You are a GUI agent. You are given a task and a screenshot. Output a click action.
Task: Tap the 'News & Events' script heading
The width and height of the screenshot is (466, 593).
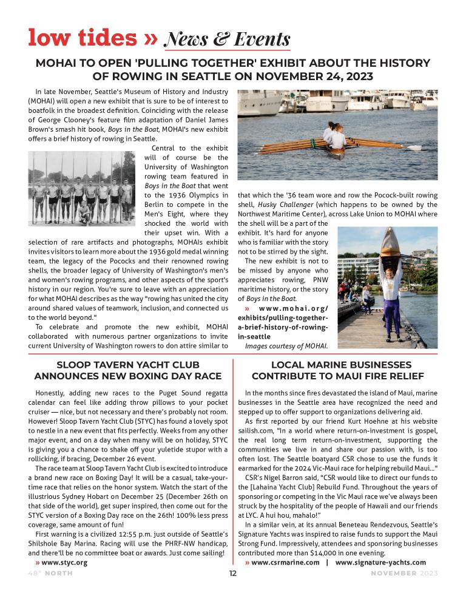(x=228, y=39)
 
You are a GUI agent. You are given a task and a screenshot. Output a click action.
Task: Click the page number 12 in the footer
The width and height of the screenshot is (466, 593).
(x=232, y=573)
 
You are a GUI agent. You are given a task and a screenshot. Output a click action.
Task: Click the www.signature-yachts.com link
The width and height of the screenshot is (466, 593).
(x=380, y=563)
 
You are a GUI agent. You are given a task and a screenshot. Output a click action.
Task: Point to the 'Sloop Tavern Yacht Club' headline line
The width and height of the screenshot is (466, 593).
(x=127, y=365)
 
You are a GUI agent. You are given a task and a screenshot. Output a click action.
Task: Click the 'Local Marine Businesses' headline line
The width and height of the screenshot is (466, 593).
(x=340, y=365)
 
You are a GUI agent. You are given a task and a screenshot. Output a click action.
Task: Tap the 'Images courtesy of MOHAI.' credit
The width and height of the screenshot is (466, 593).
(x=286, y=346)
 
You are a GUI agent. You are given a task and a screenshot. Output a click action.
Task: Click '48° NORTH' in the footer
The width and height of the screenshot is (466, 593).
(x=50, y=574)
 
